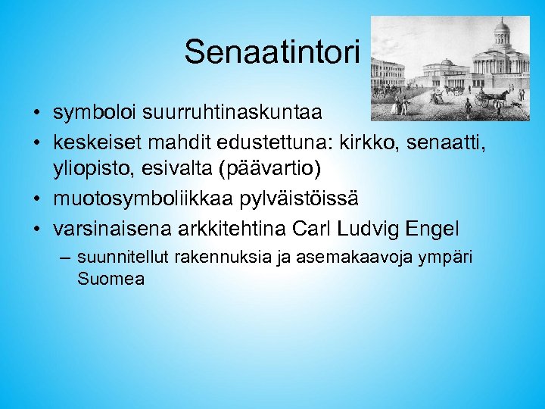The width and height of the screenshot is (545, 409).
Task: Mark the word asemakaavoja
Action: click(x=338, y=258)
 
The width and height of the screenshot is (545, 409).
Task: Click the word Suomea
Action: click(x=111, y=279)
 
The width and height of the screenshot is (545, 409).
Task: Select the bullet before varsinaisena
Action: click(x=36, y=227)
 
